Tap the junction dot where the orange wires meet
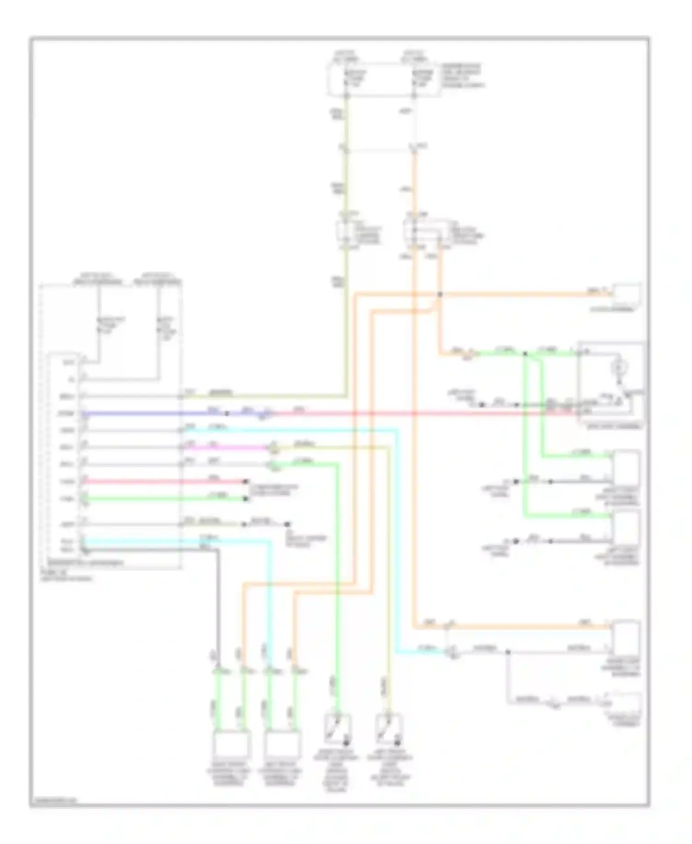(440, 295)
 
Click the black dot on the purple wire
(227, 413)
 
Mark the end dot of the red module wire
(246, 482)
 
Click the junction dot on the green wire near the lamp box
(525, 354)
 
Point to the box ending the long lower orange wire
(626, 638)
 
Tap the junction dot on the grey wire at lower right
(507, 652)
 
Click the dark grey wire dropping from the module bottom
(218, 600)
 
